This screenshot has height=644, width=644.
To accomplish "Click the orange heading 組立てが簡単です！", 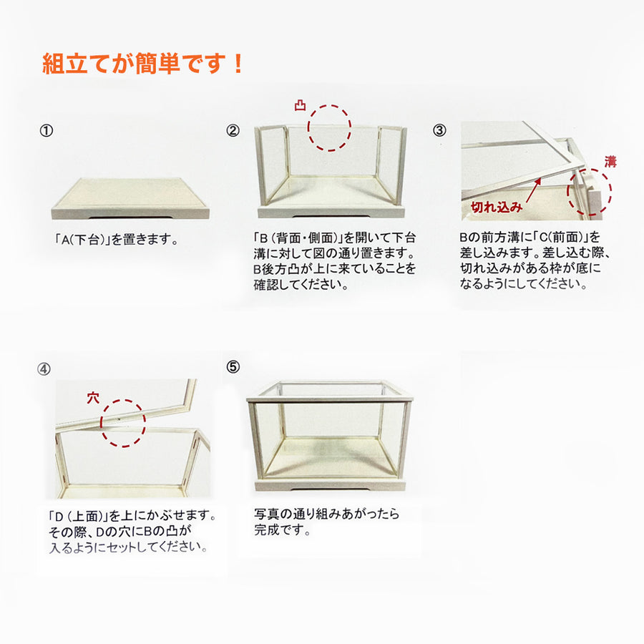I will [x=142, y=64].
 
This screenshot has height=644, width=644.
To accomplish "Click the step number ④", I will [x=44, y=370].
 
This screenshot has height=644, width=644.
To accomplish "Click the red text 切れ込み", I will [x=493, y=207].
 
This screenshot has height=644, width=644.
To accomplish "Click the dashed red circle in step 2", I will [x=329, y=127].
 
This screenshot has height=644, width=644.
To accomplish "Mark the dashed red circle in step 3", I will [x=590, y=191].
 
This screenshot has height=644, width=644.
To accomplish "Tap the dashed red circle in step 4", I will [x=122, y=423].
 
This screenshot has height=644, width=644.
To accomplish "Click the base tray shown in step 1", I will [x=130, y=198].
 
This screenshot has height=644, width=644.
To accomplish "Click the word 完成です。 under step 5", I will [x=283, y=531].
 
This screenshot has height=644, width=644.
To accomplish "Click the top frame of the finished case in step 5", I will [x=330, y=390].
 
